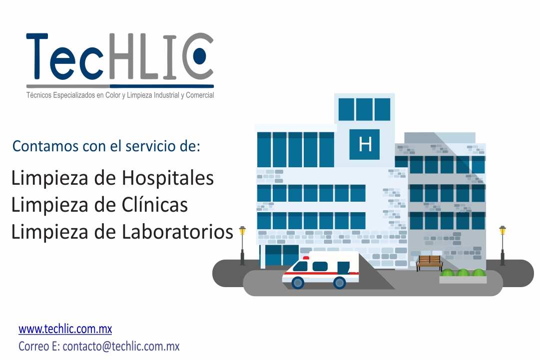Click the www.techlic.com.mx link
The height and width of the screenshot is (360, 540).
[65, 330]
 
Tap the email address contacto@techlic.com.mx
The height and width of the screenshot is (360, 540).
[121, 346]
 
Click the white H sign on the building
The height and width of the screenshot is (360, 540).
[365, 145]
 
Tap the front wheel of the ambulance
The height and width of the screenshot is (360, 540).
[298, 283]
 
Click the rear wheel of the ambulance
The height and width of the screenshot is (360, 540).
[339, 283]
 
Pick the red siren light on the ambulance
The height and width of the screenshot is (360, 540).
[306, 258]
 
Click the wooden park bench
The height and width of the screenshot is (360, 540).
[429, 262]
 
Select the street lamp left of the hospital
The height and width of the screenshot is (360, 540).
[242, 245]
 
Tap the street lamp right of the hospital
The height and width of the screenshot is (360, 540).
[503, 245]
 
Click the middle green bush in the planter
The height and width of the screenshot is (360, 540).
[463, 273]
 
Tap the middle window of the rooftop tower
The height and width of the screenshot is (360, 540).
[364, 109]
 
